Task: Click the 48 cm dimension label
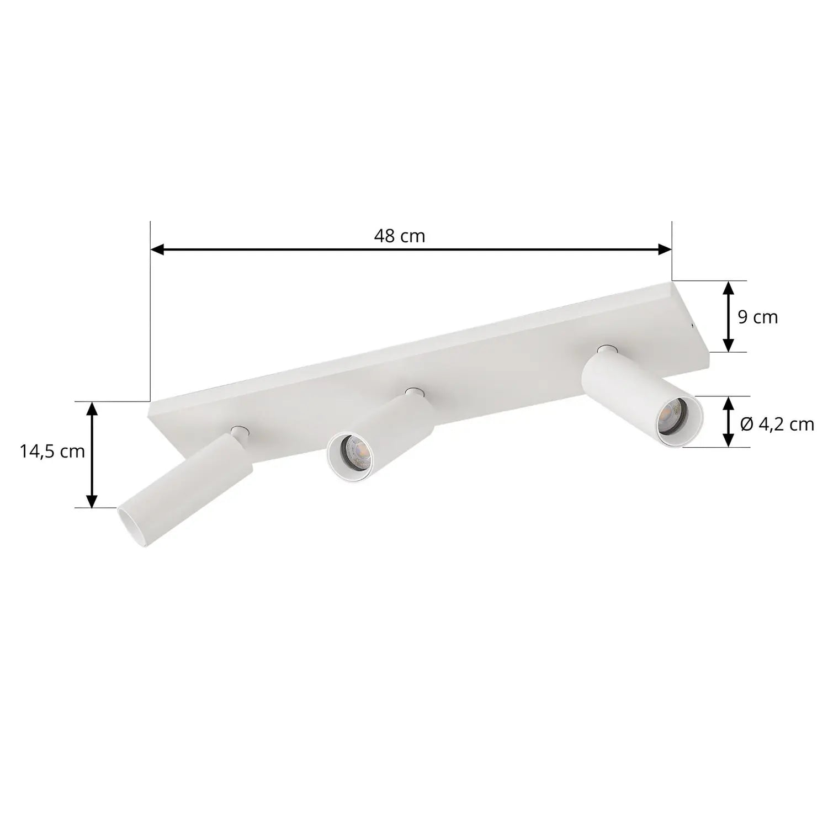click(x=399, y=236)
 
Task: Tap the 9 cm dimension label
click(x=757, y=317)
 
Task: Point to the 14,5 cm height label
click(x=52, y=452)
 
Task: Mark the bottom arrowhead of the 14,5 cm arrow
click(x=92, y=501)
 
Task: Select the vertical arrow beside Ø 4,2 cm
click(x=729, y=421)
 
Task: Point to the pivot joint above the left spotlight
click(x=239, y=431)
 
